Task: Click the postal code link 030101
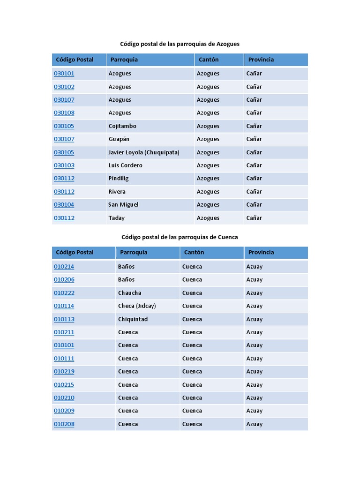coord(64,74)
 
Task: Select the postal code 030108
coord(64,113)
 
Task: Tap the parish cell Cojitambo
coord(122,126)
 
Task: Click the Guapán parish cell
coord(119,139)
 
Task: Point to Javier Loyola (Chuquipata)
coord(143,152)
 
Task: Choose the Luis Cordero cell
coord(125,165)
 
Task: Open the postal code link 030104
coord(64,205)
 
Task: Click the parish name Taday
coord(116,218)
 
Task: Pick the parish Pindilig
coord(118,179)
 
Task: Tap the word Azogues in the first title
coord(228,44)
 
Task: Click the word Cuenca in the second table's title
coord(228,237)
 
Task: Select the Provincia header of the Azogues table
coord(261,60)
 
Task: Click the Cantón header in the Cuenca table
coord(194,252)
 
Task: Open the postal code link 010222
coord(64,293)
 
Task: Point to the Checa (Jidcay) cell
coord(137,306)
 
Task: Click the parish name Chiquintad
coord(133,319)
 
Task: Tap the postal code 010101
coord(64,345)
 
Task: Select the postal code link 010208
coord(64,424)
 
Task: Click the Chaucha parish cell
coord(129,293)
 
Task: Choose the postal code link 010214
coord(64,267)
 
